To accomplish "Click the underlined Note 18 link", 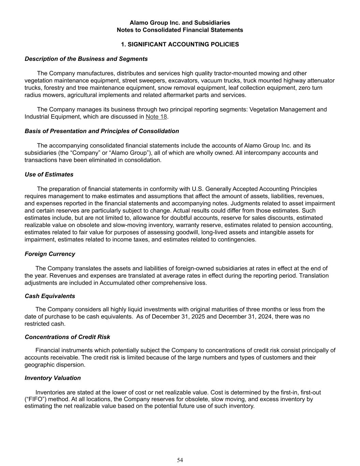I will coord(156,117).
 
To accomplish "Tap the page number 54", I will coord(180,460).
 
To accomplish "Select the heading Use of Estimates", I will coord(49,174).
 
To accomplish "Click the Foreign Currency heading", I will coord(50,254).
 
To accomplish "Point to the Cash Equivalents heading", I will coord(50,296).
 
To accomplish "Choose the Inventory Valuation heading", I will coord(53,378).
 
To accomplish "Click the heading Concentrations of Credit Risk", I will coord(67,337).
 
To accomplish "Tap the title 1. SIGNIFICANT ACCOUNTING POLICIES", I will coord(180,44).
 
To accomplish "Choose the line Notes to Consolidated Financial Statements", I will coord(180,30).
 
